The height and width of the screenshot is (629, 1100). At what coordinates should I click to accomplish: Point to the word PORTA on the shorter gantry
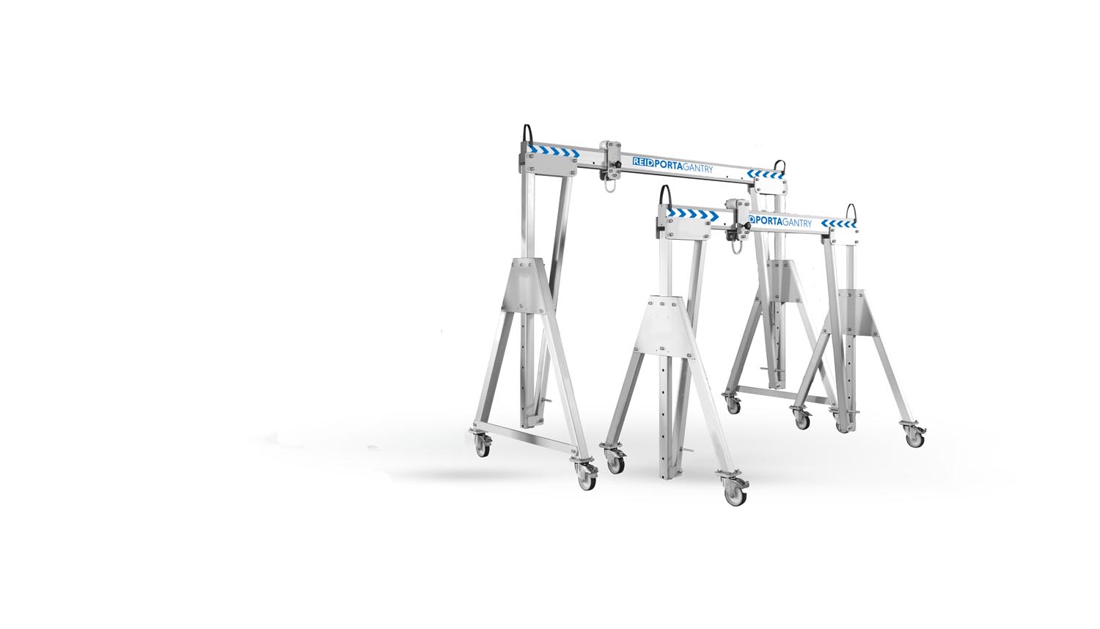tap(767, 221)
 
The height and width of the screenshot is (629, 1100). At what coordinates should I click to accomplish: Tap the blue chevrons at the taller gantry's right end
tap(765, 174)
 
